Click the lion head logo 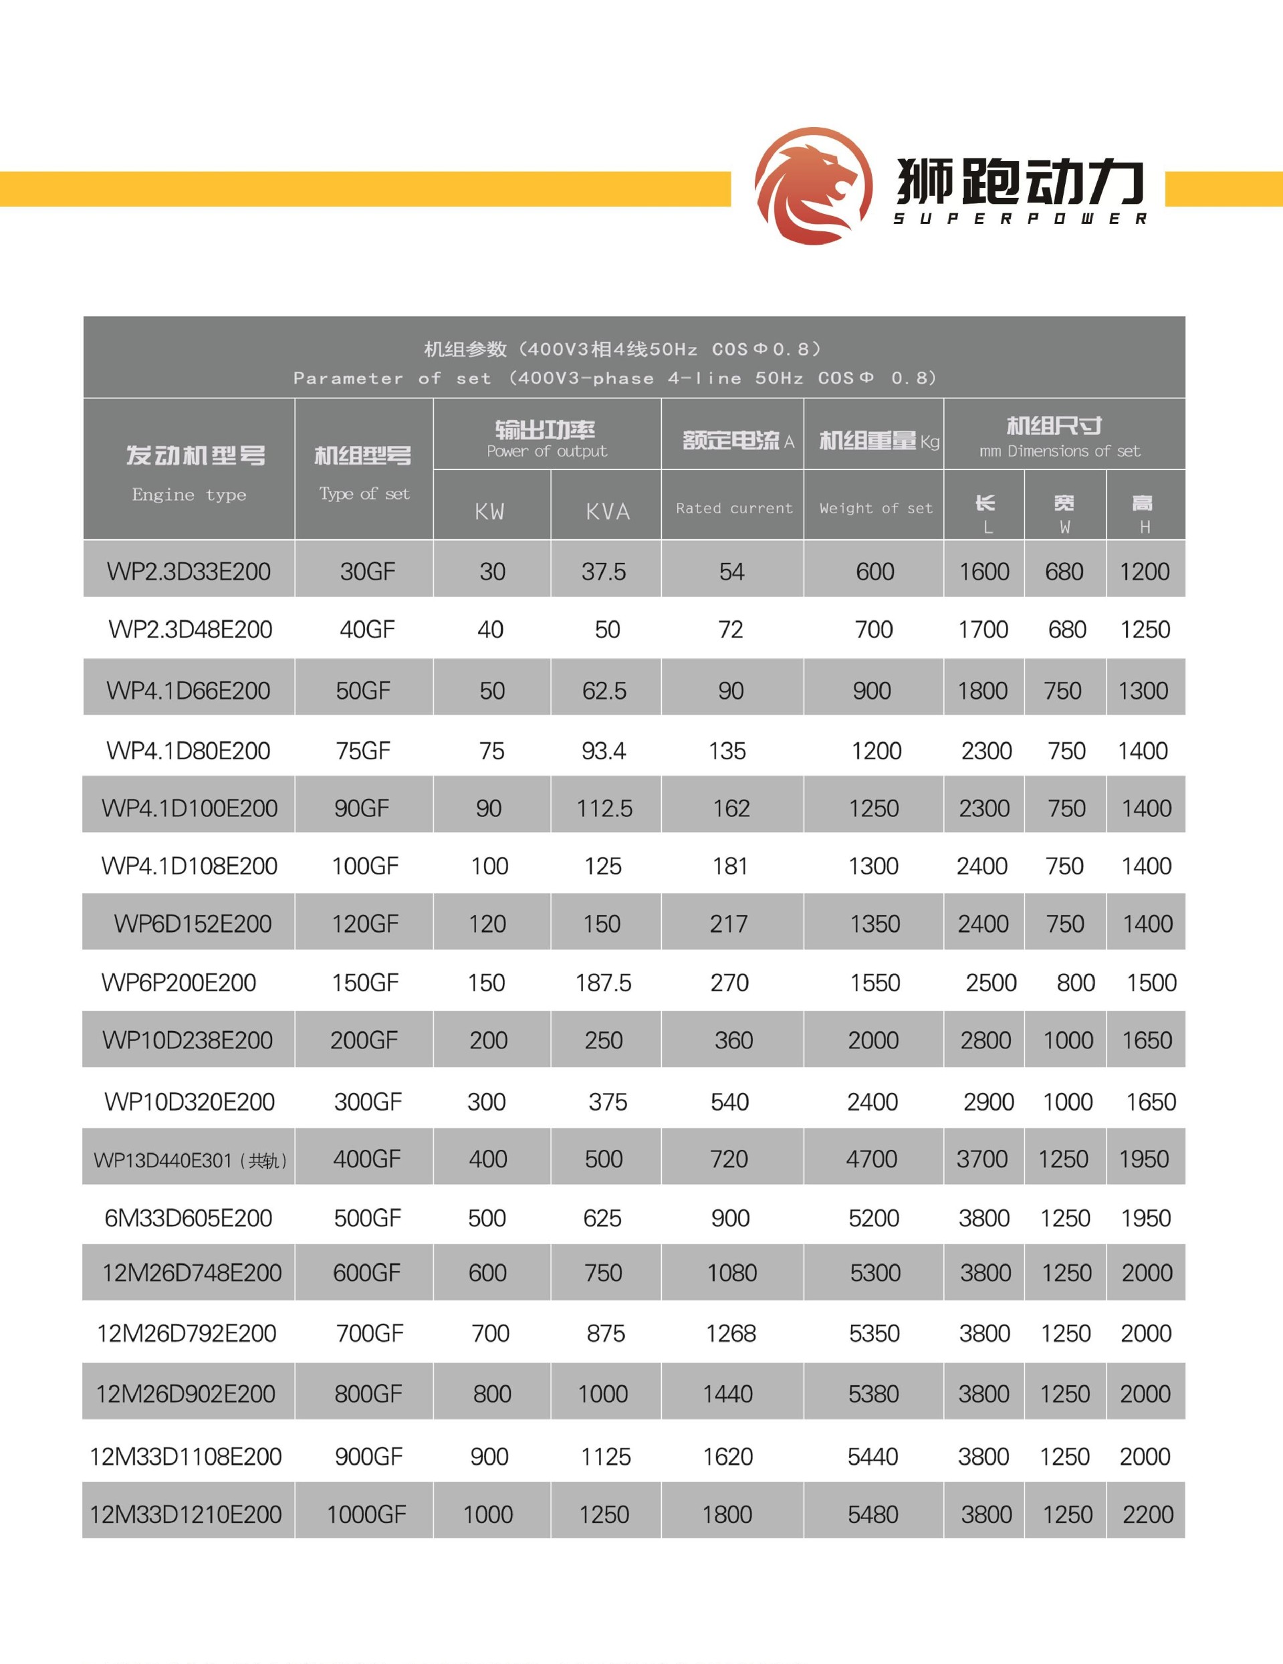[x=813, y=185]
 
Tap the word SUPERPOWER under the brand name [x=1020, y=219]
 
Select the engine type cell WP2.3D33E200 [x=189, y=572]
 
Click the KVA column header [x=607, y=511]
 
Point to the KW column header [x=489, y=511]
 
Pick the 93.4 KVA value [x=604, y=751]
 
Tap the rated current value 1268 [x=731, y=1333]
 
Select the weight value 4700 [x=872, y=1159]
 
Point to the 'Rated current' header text [x=733, y=508]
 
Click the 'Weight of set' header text [x=875, y=508]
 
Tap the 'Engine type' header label [x=189, y=495]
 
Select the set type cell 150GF [x=365, y=983]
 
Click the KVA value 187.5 [x=604, y=983]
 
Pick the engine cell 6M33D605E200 [x=188, y=1218]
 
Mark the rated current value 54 [x=731, y=572]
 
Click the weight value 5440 [x=872, y=1457]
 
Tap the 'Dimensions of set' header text [x=1074, y=451]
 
